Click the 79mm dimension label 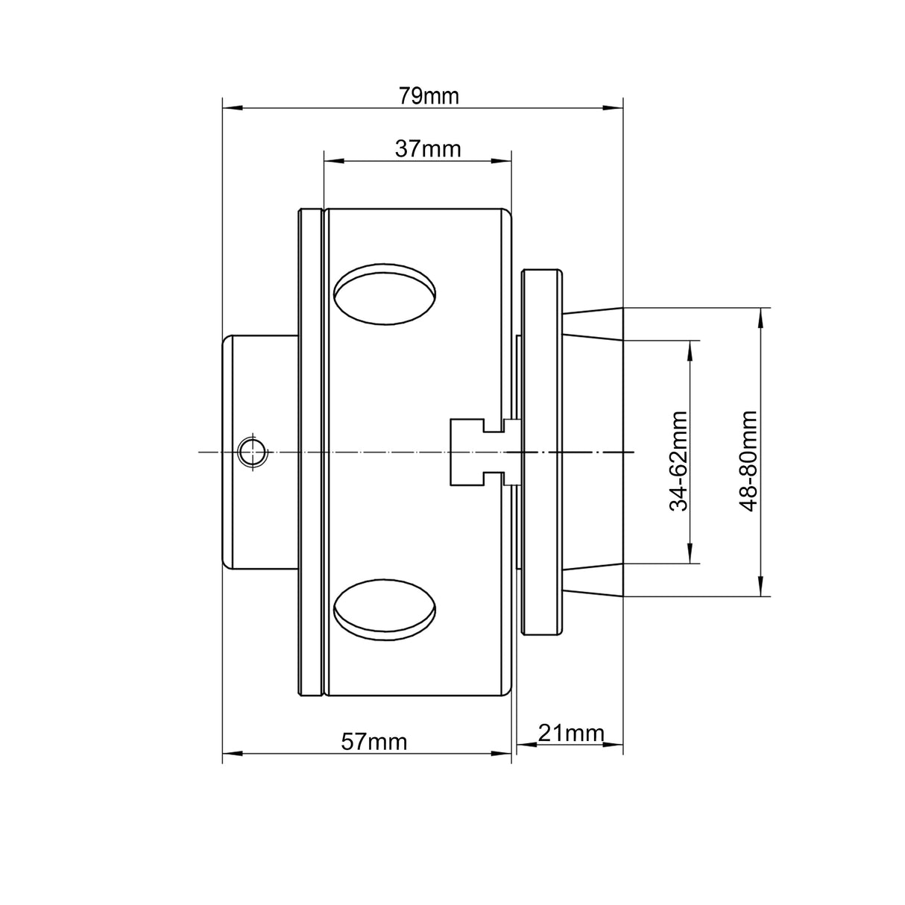(x=428, y=96)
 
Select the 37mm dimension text (x=428, y=149)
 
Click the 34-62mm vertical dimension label (x=678, y=461)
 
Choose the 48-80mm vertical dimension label (x=748, y=461)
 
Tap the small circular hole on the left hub (x=252, y=452)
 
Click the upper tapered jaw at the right (x=593, y=324)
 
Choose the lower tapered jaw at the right (x=593, y=579)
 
